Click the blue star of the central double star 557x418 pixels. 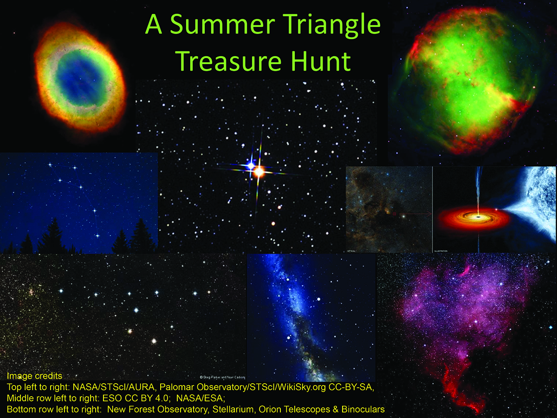[x=250, y=165]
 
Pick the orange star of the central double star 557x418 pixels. [x=259, y=172]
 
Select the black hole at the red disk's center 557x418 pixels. [x=478, y=216]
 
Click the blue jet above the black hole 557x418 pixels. [x=479, y=186]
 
